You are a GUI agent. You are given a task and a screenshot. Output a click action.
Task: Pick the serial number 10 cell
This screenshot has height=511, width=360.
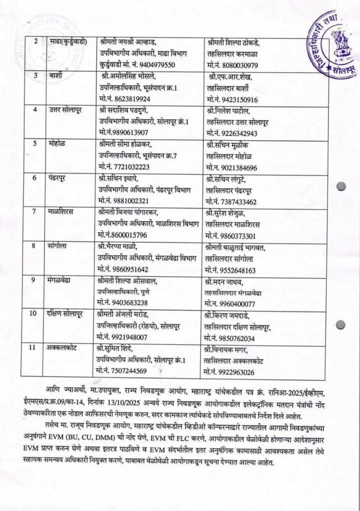(x=33, y=313)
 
